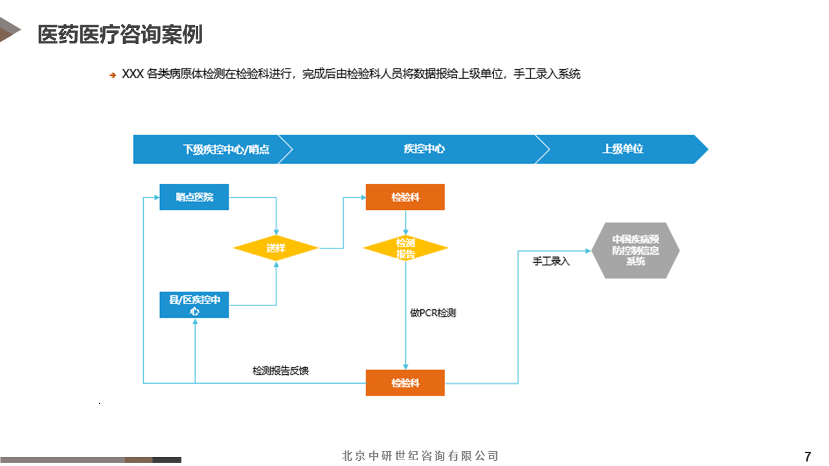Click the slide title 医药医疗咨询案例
pyautogui.click(x=120, y=34)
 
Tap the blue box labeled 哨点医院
pyautogui.click(x=194, y=197)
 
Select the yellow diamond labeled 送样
pyautogui.click(x=276, y=248)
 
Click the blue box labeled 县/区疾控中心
pyautogui.click(x=194, y=305)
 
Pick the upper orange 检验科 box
pyautogui.click(x=405, y=197)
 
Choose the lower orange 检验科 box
pyautogui.click(x=405, y=383)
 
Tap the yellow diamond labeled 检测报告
pyautogui.click(x=405, y=248)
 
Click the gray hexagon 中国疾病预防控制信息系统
pyautogui.click(x=635, y=250)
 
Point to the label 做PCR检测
pyautogui.click(x=433, y=313)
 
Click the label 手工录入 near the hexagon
pyautogui.click(x=551, y=261)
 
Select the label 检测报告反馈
pyautogui.click(x=280, y=371)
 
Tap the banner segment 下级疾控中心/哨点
pyautogui.click(x=226, y=149)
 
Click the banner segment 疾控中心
pyautogui.click(x=424, y=149)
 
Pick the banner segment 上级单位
pyautogui.click(x=622, y=149)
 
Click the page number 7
pyautogui.click(x=807, y=456)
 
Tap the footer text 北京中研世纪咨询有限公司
pyautogui.click(x=420, y=456)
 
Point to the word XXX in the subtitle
pyautogui.click(x=132, y=74)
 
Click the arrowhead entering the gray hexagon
pyautogui.click(x=588, y=250)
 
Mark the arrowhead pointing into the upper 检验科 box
pyautogui.click(x=362, y=197)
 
